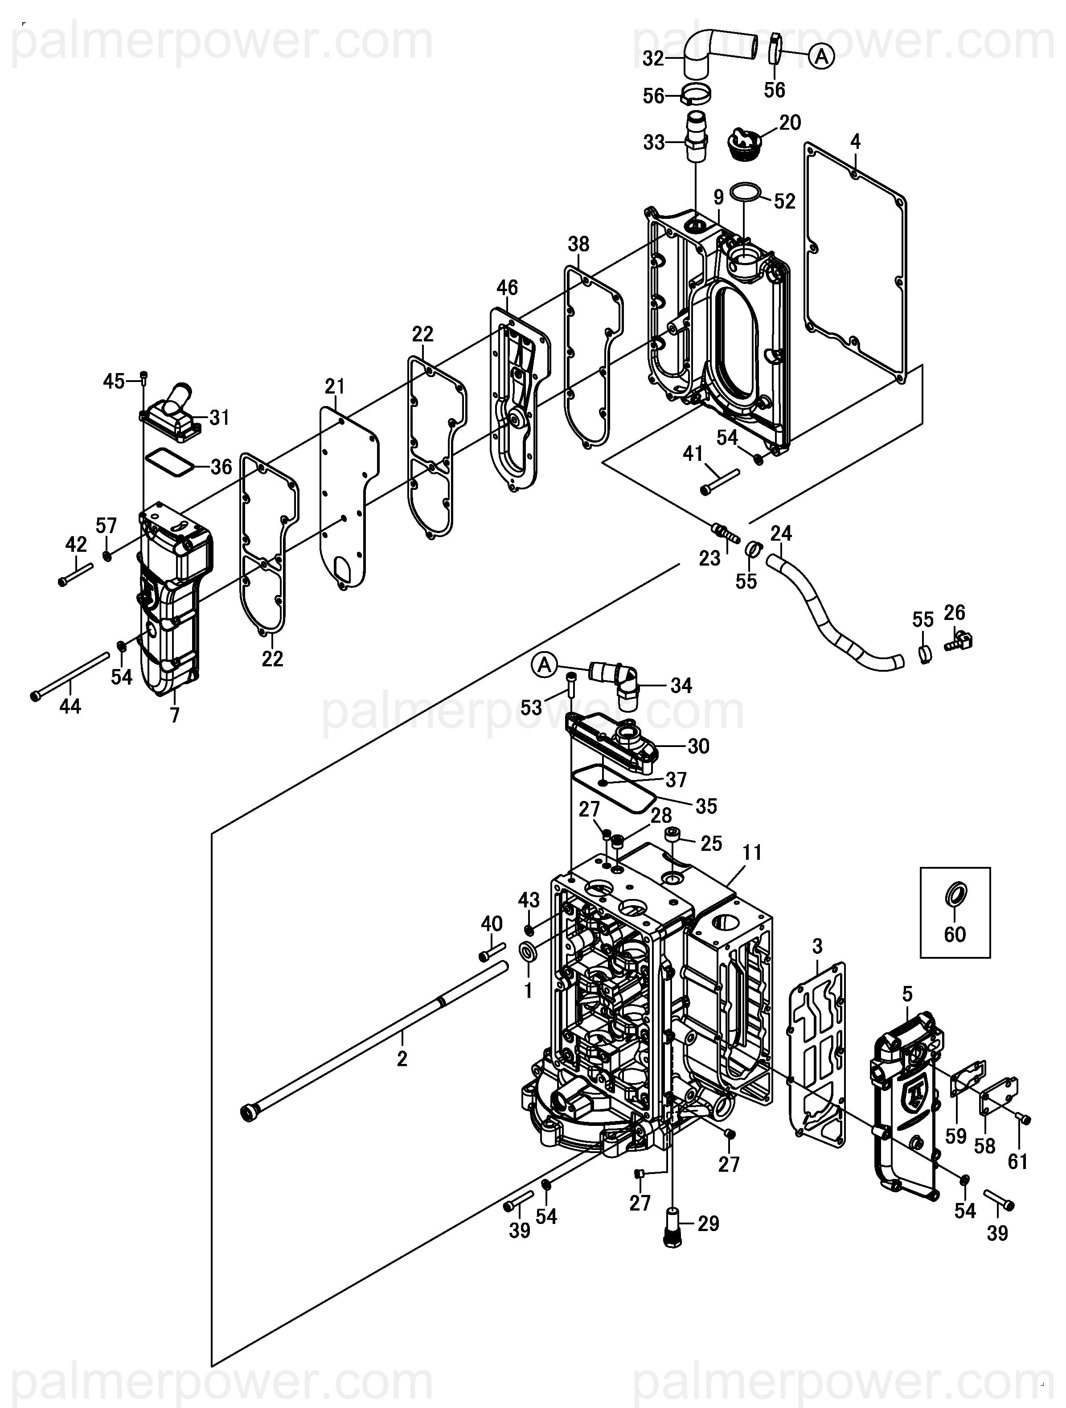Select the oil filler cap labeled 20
(x=745, y=143)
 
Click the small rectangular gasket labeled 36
(x=169, y=460)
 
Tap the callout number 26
(x=955, y=612)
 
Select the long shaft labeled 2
(x=377, y=1041)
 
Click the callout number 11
(x=753, y=852)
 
